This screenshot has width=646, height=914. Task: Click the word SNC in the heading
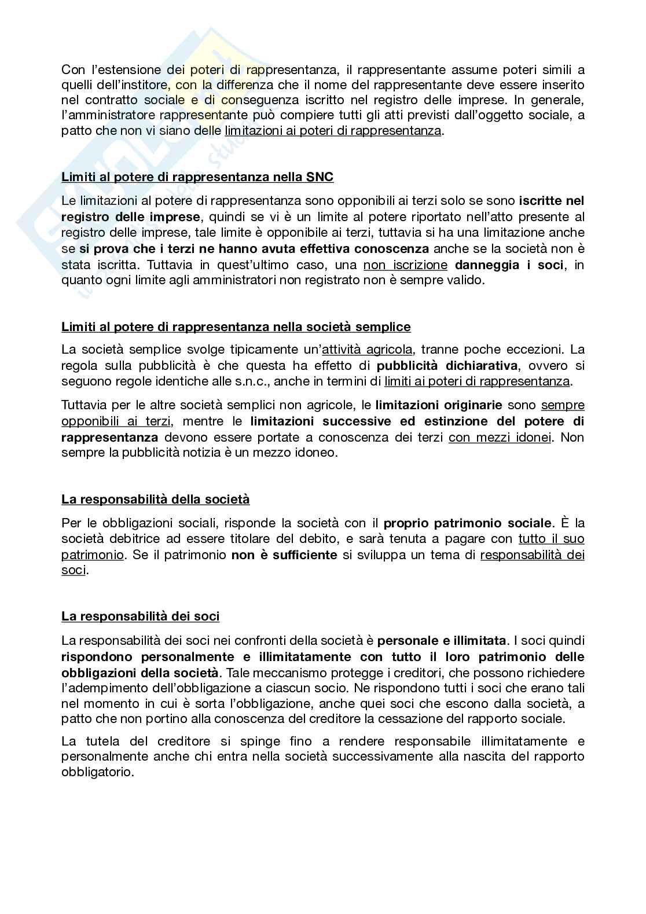pyautogui.click(x=319, y=177)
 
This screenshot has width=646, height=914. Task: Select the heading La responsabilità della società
pyautogui.click(x=156, y=499)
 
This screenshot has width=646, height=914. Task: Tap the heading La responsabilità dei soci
pyautogui.click(x=141, y=616)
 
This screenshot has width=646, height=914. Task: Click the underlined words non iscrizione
pyautogui.click(x=405, y=265)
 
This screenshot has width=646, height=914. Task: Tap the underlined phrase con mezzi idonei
pyautogui.click(x=500, y=437)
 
